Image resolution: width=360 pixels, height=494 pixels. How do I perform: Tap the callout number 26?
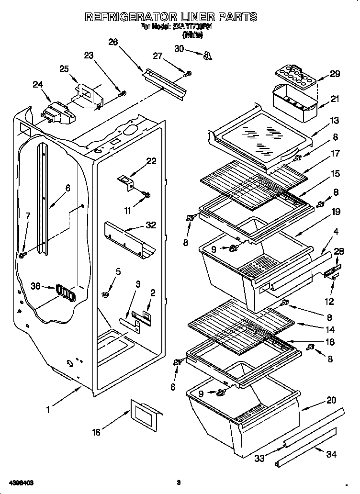click(113, 42)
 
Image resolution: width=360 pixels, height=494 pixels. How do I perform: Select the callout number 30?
click(179, 48)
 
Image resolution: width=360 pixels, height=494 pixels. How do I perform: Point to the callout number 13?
click(335, 120)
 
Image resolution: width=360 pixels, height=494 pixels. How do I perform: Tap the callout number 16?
click(97, 432)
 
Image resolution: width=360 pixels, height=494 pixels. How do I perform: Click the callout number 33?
click(259, 459)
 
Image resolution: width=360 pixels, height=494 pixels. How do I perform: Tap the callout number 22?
click(151, 161)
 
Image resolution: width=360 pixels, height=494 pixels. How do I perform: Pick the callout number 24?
click(38, 85)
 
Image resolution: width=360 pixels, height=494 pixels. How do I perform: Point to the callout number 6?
click(67, 188)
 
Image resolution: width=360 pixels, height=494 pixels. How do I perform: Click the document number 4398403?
click(21, 483)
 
